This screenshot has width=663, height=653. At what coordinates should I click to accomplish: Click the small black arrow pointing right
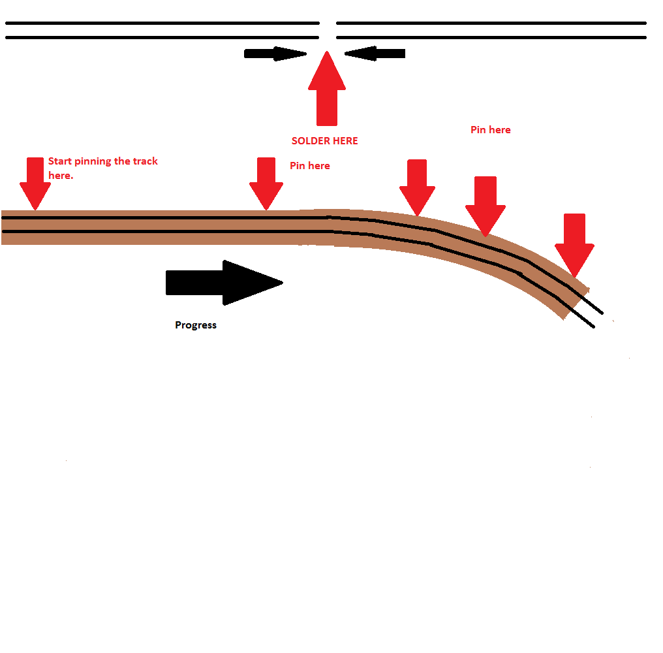coord(274,54)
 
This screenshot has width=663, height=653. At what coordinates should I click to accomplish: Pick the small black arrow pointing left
coord(375,54)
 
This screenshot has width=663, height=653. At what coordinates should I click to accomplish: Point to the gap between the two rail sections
coord(328,30)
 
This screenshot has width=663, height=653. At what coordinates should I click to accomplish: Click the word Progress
coord(196,325)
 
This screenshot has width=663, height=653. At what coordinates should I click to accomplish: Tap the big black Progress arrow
coord(224,283)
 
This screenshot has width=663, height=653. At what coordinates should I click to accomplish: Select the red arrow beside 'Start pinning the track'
coord(35,183)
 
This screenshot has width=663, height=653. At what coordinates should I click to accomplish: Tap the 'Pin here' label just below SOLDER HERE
coord(310,166)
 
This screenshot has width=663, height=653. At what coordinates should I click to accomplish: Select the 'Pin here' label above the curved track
coord(491,130)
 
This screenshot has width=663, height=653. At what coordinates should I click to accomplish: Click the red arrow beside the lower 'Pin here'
coord(266,183)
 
